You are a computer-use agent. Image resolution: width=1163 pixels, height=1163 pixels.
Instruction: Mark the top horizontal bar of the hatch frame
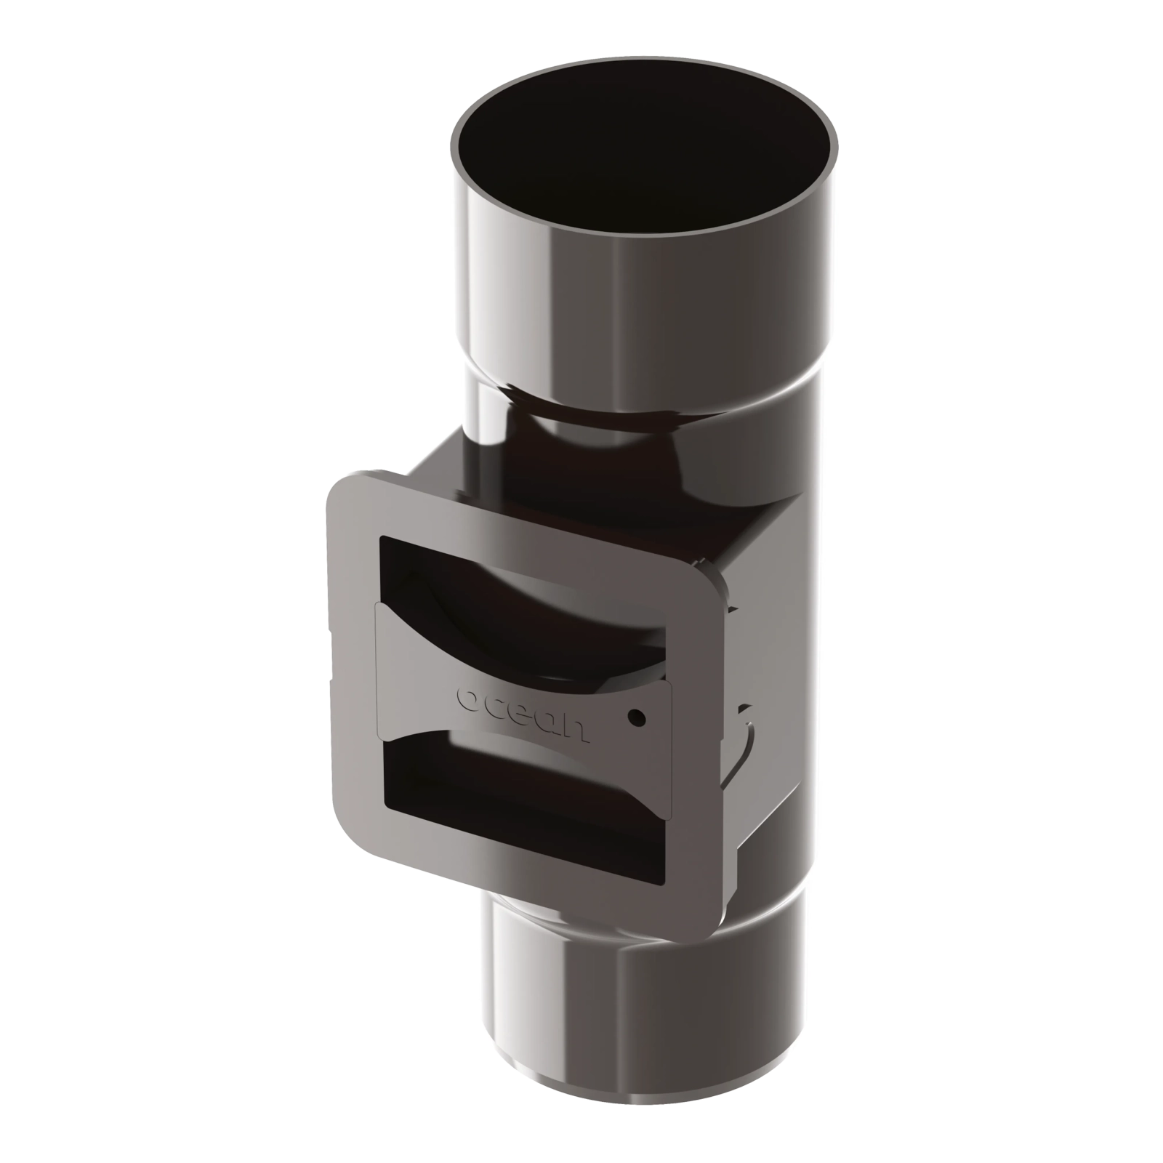pos(523,520)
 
